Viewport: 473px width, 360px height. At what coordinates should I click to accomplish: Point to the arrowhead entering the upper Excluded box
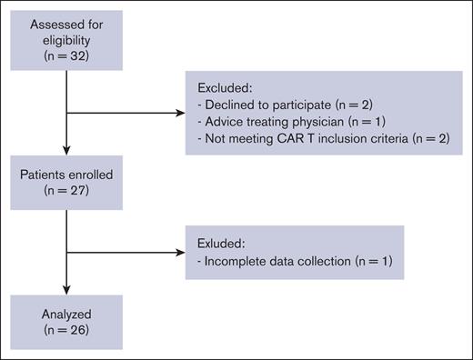point(179,114)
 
